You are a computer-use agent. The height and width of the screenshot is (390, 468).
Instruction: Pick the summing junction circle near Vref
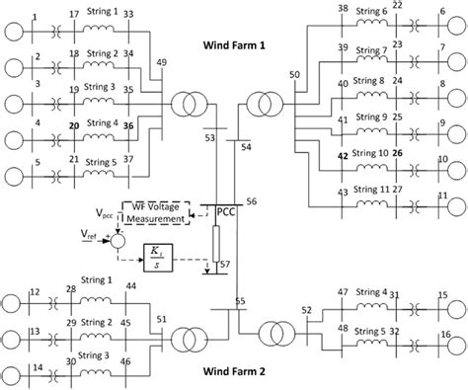click(x=117, y=240)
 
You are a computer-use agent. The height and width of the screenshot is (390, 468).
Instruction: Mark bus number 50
click(x=293, y=77)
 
